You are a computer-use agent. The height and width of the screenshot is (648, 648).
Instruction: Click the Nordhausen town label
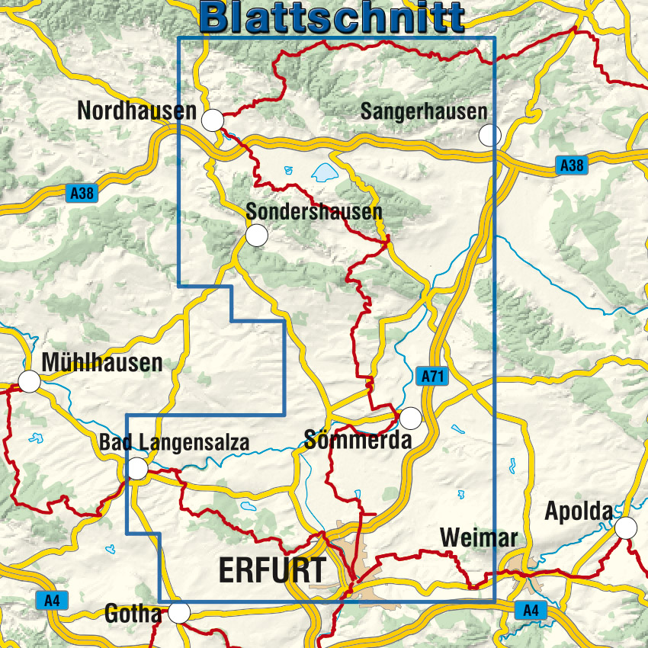pos(136,111)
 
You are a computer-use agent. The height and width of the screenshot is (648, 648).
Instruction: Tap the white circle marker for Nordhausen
pos(213,120)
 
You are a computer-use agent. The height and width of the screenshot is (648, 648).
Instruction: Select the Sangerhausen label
pos(423,111)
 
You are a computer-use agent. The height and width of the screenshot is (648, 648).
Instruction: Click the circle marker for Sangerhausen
pos(489,136)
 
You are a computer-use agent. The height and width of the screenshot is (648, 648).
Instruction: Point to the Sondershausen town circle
pos(256,236)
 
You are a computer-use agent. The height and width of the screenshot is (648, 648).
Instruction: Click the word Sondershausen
pos(313,211)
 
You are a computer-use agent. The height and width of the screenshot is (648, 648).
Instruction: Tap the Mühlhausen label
pos(102,363)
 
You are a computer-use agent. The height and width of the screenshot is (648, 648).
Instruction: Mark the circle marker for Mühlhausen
pos(30,381)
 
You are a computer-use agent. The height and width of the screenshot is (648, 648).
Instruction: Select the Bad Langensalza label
pos(174,443)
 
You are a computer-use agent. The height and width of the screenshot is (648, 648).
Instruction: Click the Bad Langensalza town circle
pos(138,469)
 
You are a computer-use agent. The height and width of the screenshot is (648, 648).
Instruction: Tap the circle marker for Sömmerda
pos(410,418)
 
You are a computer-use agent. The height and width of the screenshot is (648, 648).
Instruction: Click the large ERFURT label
pos(272,569)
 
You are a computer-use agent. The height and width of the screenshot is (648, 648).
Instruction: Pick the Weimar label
pos(479,538)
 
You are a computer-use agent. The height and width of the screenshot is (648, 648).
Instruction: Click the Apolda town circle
pos(626,528)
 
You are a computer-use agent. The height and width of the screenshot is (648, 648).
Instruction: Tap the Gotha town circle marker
pos(179,612)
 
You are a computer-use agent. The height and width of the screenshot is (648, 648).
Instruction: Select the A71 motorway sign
pos(431,376)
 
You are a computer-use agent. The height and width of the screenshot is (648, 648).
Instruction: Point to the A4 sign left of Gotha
pos(51,601)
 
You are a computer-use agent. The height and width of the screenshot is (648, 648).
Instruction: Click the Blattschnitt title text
pos(334,17)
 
